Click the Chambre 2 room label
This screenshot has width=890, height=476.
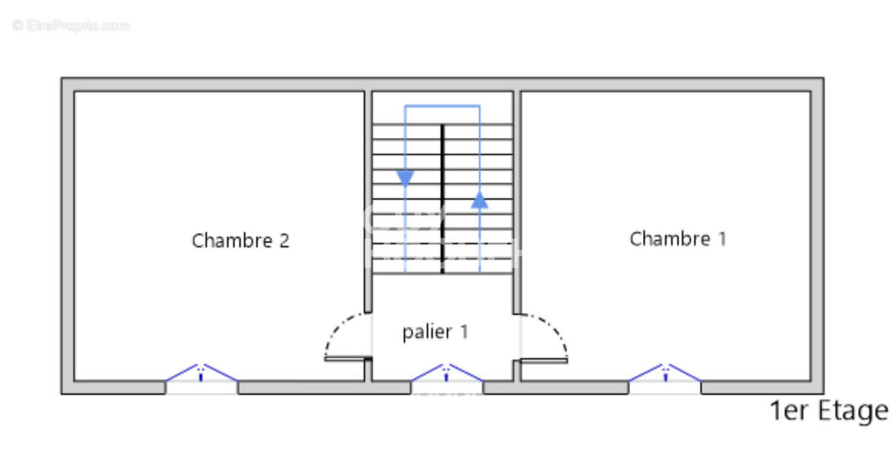(240, 241)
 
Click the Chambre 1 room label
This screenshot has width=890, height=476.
(678, 239)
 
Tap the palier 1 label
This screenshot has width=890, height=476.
(435, 332)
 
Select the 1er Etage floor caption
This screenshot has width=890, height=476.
(828, 411)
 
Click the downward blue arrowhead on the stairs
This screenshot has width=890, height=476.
(405, 178)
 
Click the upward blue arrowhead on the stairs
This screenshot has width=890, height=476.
(480, 199)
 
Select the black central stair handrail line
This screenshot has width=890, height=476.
(443, 198)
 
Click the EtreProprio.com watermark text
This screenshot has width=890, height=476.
(71, 26)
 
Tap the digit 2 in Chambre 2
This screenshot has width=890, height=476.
(284, 241)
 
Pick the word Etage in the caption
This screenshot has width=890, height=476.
(852, 411)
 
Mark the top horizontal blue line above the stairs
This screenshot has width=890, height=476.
(442, 106)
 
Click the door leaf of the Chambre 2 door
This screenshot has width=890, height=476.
(347, 359)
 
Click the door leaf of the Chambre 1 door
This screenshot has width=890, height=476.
(544, 360)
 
